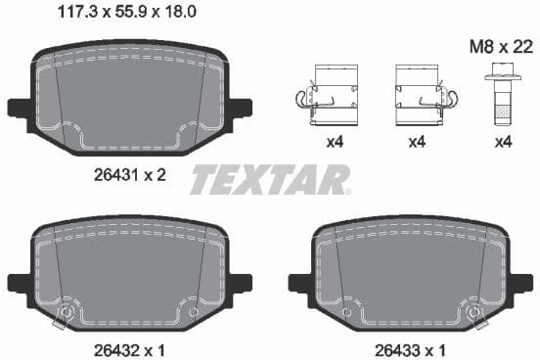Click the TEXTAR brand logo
pyautogui.click(x=269, y=179)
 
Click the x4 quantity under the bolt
pyautogui.click(x=503, y=142)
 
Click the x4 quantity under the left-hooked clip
pyautogui.click(x=335, y=142)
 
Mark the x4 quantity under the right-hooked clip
pyautogui.click(x=418, y=142)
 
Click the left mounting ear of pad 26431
pyautogui.click(x=18, y=107)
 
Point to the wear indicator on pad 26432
pyautogui.click(x=67, y=313)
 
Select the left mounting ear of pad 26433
pyautogui.click(x=299, y=284)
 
